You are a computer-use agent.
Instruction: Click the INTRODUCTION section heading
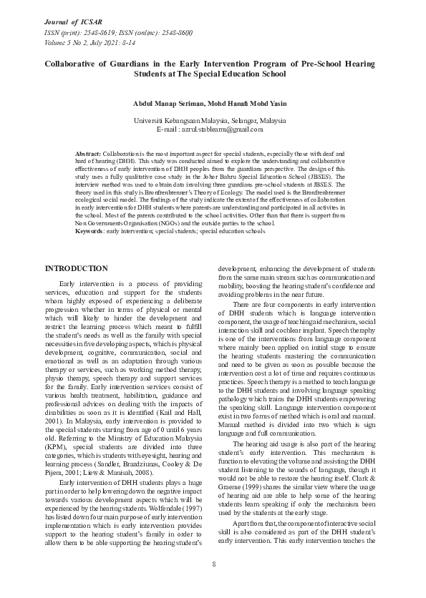point(77,268)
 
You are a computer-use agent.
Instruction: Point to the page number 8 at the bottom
point(213,564)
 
